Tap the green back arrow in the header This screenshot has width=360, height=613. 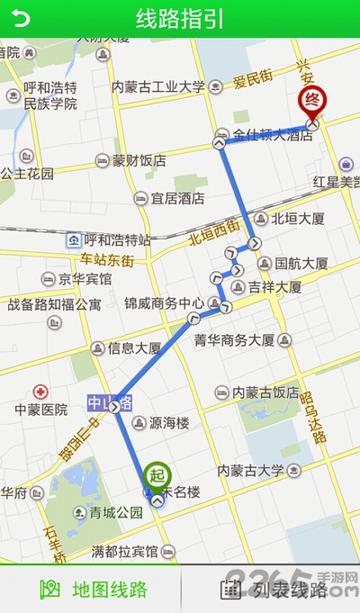[x=20, y=19]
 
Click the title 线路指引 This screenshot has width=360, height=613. [x=180, y=19]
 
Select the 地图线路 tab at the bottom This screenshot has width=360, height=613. [x=94, y=590]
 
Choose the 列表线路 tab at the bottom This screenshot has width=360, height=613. [x=274, y=590]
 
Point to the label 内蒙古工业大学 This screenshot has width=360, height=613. [x=158, y=87]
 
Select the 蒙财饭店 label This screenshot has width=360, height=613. [x=139, y=161]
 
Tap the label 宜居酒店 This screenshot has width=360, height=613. [x=177, y=198]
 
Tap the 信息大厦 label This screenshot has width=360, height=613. [x=134, y=347]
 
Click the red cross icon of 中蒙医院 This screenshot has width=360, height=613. [x=40, y=392]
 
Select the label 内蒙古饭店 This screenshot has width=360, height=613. [x=265, y=392]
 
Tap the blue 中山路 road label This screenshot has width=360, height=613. [x=110, y=401]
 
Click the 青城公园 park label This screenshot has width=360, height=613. [x=116, y=513]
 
